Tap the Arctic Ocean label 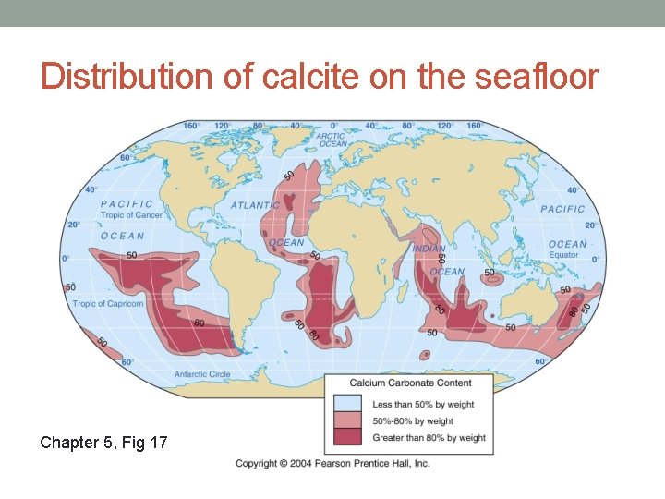(x=331, y=140)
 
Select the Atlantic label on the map (x=255, y=205)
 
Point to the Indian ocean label (x=429, y=249)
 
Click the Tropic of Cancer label (x=131, y=215)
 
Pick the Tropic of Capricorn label (x=108, y=303)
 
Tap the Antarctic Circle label (x=202, y=374)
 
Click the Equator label (x=563, y=255)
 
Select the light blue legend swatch (x=347, y=404)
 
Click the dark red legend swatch (x=347, y=437)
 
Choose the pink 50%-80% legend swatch (x=347, y=420)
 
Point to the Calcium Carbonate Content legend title (x=410, y=383)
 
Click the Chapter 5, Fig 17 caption (x=103, y=443)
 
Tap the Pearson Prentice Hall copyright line (x=332, y=463)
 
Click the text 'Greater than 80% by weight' (x=429, y=438)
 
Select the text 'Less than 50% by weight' (x=424, y=405)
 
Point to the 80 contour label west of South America (x=199, y=323)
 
